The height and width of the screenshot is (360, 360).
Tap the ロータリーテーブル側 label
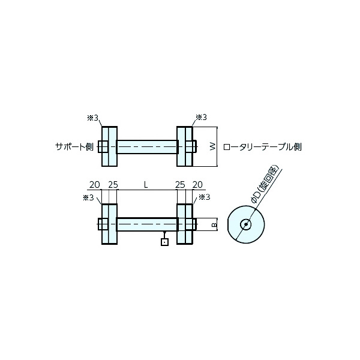pos(262,146)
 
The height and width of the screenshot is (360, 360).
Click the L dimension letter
pos(146,185)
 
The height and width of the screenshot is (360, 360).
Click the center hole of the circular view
pos(245,224)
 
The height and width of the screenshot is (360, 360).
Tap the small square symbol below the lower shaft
pos(165,242)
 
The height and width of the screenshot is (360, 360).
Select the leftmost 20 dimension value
pos(94,185)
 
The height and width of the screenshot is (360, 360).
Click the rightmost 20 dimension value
pos(199,185)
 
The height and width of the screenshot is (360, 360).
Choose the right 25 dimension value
pos(180,185)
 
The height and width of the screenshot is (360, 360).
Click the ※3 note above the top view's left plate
pos(92,118)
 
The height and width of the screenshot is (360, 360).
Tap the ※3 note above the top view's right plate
pos(201,118)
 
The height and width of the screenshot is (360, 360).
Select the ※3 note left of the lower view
pos(88,197)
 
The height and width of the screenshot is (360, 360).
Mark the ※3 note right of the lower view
pos(204,197)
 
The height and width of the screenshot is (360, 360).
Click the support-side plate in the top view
pos(109,146)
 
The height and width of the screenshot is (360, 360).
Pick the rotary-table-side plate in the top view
pos(184,146)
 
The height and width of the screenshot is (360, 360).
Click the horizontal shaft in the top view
pos(147,146)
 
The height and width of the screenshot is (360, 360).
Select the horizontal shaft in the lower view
pos(147,224)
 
